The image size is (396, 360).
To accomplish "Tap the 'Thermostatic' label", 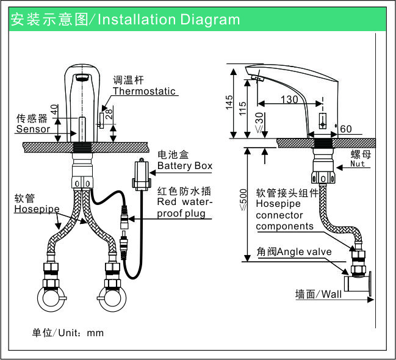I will click(x=143, y=92).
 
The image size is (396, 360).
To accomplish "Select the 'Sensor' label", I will click(x=33, y=129).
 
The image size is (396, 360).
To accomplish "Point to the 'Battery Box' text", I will click(x=185, y=166).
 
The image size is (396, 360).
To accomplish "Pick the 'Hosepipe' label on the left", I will click(x=37, y=209).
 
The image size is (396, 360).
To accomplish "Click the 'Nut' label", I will click(x=358, y=164).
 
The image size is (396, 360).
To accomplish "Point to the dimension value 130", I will click(x=289, y=99).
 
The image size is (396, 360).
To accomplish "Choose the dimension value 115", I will click(x=243, y=108).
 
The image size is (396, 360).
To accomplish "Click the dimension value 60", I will click(x=347, y=129).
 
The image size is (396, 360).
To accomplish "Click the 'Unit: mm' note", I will click(x=68, y=333).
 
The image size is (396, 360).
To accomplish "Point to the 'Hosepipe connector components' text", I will click(x=284, y=209).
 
